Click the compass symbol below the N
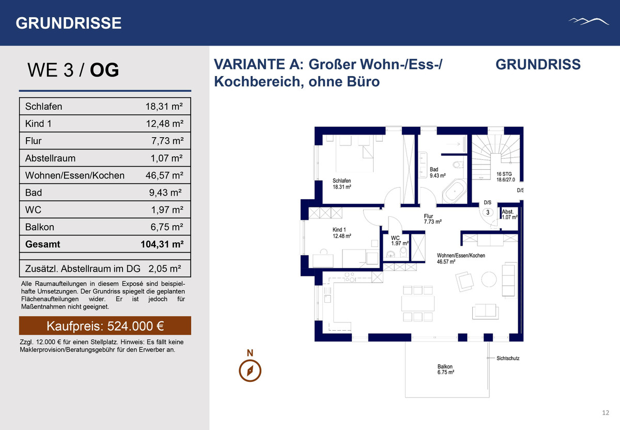click(250, 370)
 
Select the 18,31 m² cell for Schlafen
click(164, 107)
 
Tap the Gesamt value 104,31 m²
click(162, 244)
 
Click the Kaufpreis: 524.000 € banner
click(105, 326)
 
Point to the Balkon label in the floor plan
click(445, 369)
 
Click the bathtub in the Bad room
click(455, 191)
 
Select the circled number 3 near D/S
click(488, 212)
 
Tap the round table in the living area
click(489, 279)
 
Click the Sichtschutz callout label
click(508, 358)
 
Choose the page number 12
click(606, 413)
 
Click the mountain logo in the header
click(588, 22)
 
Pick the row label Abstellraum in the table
click(50, 158)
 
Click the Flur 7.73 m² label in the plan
click(432, 219)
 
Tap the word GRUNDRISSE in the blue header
click(68, 23)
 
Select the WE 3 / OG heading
click(73, 70)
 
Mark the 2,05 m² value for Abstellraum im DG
click(165, 269)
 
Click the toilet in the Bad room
click(458, 165)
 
